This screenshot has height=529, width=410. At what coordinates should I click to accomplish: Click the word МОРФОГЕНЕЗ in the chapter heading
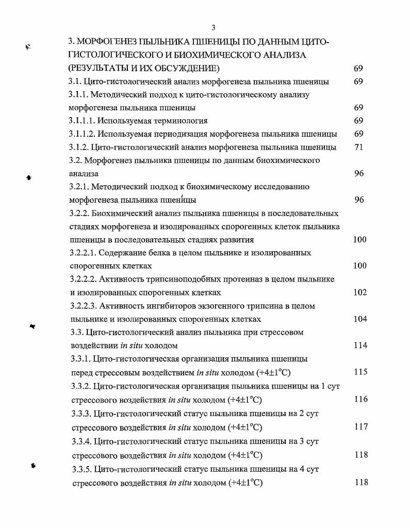[106, 41]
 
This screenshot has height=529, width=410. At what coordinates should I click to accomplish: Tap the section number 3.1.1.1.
[81, 121]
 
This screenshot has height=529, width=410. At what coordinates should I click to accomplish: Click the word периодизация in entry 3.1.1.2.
[173, 134]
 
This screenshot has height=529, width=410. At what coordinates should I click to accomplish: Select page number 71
[359, 147]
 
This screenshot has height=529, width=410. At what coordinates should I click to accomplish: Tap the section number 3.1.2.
[78, 147]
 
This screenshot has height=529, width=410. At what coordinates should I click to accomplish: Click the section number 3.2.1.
[78, 187]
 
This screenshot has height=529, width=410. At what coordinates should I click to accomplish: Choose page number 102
[359, 292]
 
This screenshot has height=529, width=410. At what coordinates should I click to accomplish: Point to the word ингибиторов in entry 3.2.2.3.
[165, 306]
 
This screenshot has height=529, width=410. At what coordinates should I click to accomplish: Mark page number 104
[359, 319]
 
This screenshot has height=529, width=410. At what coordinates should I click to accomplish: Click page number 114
[359, 345]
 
